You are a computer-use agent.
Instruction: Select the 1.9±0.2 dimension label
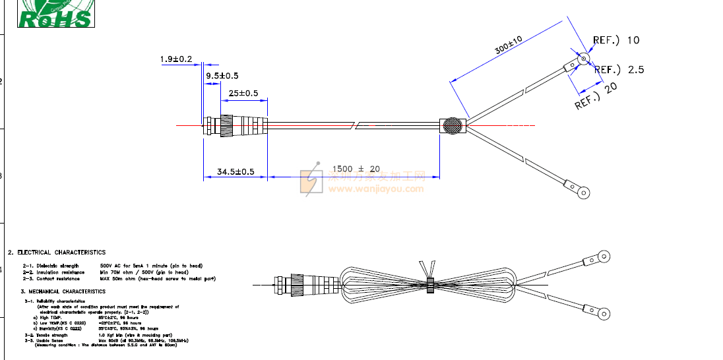click(x=175, y=59)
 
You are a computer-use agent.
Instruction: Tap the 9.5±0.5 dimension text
click(x=222, y=76)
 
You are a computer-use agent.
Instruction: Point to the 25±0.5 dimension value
click(x=243, y=93)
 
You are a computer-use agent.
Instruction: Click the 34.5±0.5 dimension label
click(x=236, y=172)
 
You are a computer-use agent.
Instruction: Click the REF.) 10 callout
click(x=616, y=40)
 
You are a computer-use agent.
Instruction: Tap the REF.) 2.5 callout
click(x=619, y=69)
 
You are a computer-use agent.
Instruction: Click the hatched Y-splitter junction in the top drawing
click(x=453, y=126)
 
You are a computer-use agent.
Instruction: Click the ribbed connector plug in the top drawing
click(x=235, y=125)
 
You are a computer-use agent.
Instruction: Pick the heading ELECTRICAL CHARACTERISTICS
click(x=57, y=253)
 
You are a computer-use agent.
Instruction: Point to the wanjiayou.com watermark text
click(x=376, y=189)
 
